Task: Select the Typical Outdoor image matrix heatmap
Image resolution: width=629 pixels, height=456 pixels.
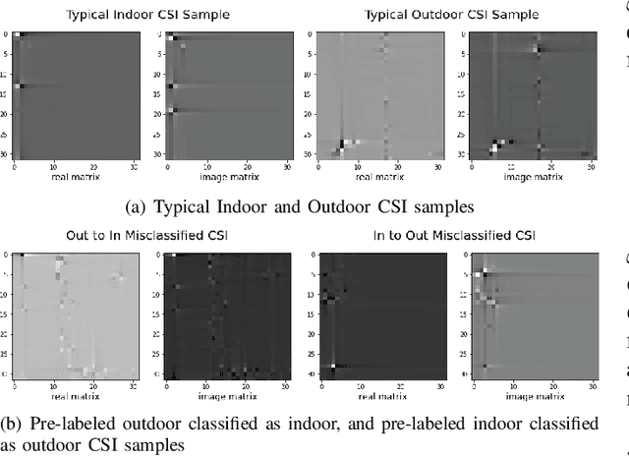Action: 532,94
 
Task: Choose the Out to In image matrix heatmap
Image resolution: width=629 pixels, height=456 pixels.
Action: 226,314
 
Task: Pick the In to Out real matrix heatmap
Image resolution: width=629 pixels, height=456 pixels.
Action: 378,314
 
